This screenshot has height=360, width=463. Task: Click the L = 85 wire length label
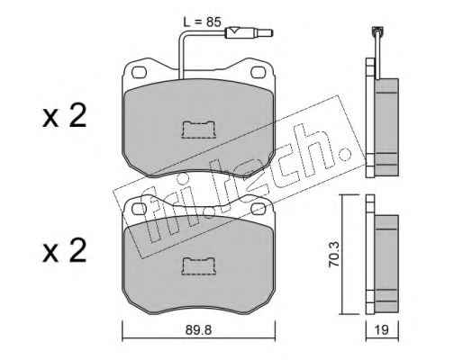[203, 22]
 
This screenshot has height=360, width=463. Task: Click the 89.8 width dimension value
[198, 330]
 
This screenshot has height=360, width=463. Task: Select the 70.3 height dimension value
[333, 254]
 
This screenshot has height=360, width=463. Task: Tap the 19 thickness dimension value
[382, 330]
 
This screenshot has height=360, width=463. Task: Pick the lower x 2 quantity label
[64, 250]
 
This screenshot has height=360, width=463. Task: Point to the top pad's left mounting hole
[140, 72]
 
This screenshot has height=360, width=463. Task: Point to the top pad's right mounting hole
[259, 72]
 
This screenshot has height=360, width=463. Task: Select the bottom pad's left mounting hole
[140, 209]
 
